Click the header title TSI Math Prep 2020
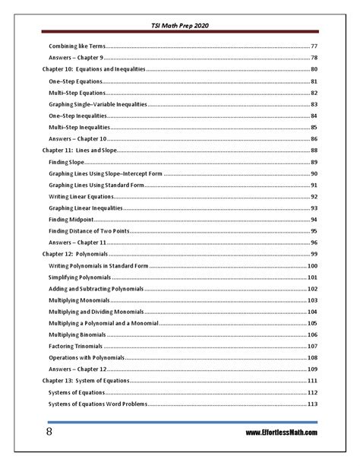(180, 25)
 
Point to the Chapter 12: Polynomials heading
(74, 254)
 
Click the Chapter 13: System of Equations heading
(86, 380)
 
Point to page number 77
(314, 46)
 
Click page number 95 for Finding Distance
(314, 230)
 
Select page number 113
(312, 404)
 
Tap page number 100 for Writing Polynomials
(312, 266)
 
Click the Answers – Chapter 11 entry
(77, 242)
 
